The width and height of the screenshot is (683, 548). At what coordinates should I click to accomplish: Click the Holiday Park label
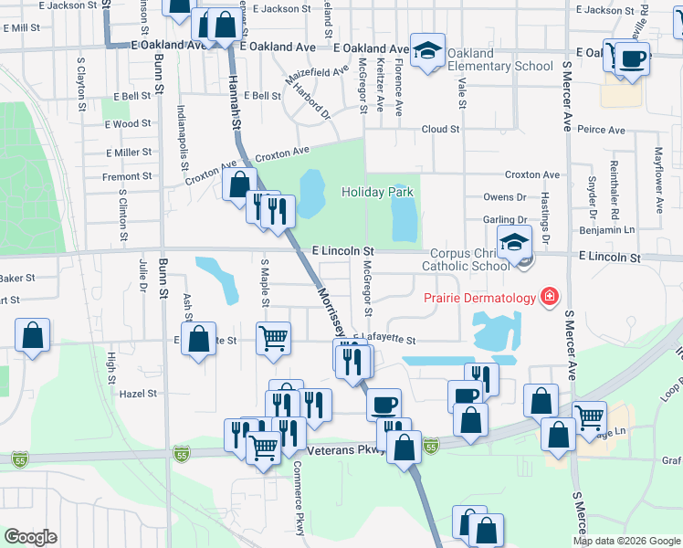point(377,192)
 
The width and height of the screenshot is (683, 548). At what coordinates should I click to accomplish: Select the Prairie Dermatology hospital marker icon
point(549,298)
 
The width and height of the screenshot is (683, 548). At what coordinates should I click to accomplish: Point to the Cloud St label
point(440,130)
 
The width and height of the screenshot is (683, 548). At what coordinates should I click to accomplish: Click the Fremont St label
point(127,176)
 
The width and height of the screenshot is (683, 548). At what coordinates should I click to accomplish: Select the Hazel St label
point(139,394)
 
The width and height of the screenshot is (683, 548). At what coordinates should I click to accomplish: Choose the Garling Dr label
point(505,219)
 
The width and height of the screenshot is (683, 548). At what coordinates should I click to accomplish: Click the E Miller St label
point(128,153)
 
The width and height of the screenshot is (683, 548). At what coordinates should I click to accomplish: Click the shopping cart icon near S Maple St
point(273,338)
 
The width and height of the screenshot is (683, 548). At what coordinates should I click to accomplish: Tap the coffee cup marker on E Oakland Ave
point(631,58)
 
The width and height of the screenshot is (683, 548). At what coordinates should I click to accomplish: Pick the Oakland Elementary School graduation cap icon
point(426,51)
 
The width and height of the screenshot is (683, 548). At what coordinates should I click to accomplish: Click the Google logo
point(30,537)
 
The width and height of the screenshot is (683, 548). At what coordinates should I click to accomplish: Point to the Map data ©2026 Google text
point(626,541)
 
